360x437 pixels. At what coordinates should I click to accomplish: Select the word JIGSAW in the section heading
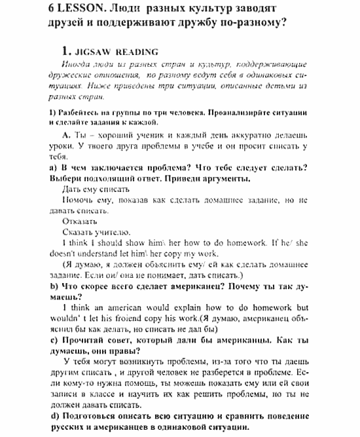(x=88, y=52)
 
